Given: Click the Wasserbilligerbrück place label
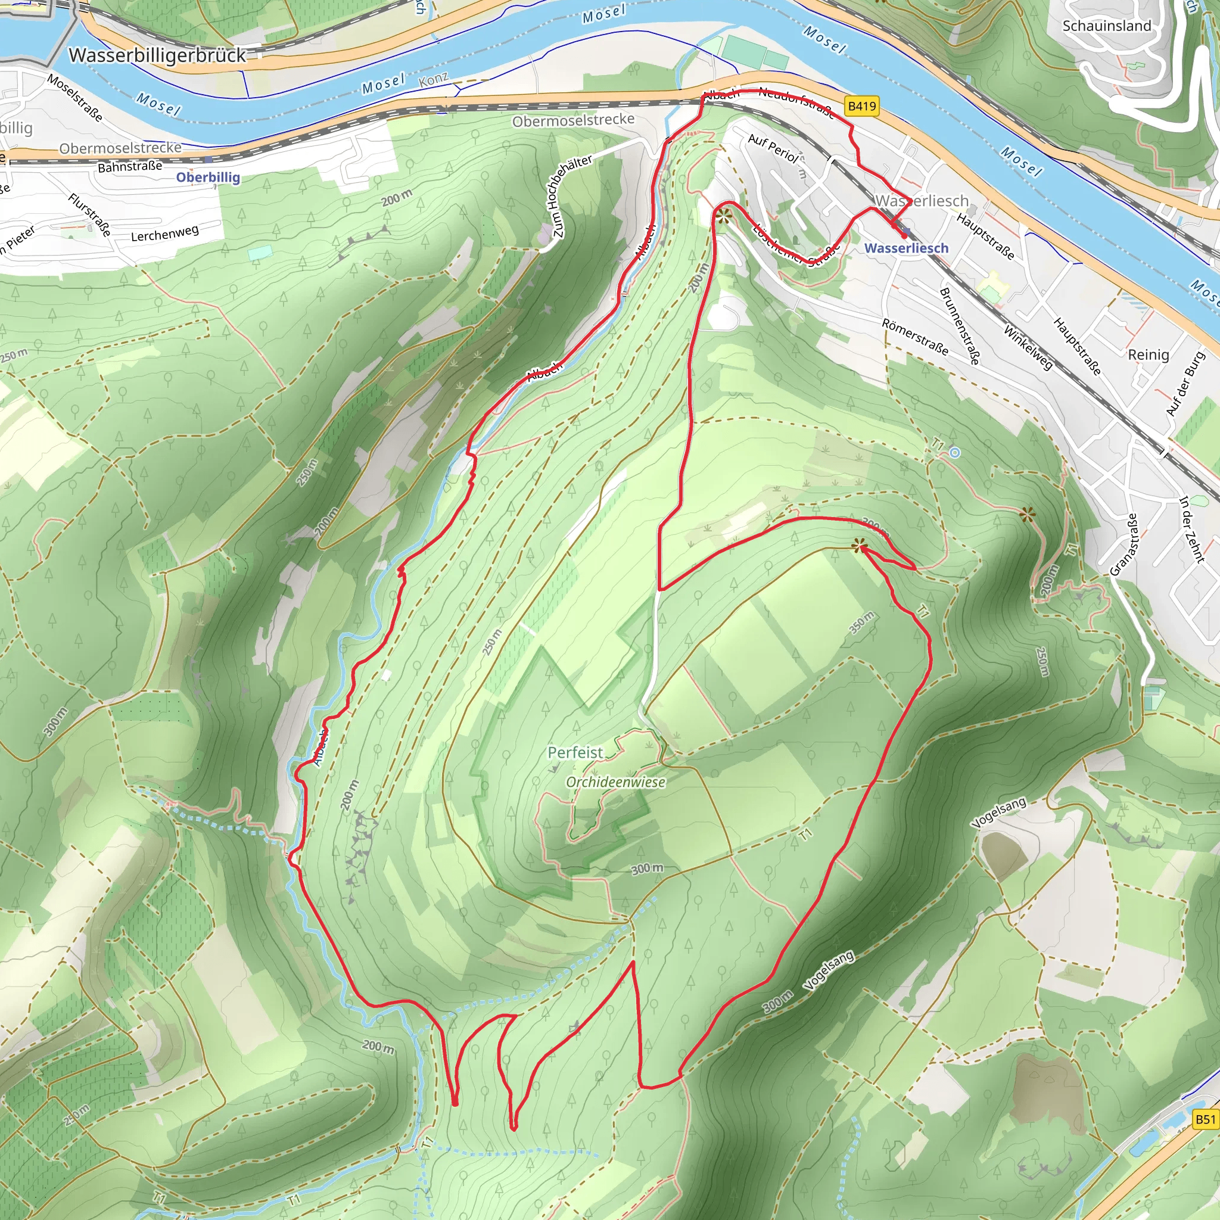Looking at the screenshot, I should [x=157, y=55].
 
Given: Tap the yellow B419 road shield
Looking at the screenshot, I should [x=862, y=106].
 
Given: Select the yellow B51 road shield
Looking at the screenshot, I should [x=1205, y=1119].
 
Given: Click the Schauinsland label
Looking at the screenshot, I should [x=1106, y=26].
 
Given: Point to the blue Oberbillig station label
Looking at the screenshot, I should [x=208, y=178].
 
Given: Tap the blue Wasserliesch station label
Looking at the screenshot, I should [x=906, y=248].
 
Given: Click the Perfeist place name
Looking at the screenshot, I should [x=575, y=753].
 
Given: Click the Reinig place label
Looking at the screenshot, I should [x=1148, y=355].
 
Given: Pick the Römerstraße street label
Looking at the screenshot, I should [x=914, y=337].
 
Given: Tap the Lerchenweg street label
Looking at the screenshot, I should [x=164, y=234].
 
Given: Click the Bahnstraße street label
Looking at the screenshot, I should [x=129, y=167].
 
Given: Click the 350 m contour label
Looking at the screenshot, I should [x=862, y=623].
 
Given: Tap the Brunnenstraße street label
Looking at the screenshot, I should [x=959, y=326].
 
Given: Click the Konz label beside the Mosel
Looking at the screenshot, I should [x=433, y=80].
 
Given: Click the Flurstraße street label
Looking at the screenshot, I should [x=90, y=214].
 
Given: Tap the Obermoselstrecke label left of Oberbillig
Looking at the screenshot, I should [x=120, y=148].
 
